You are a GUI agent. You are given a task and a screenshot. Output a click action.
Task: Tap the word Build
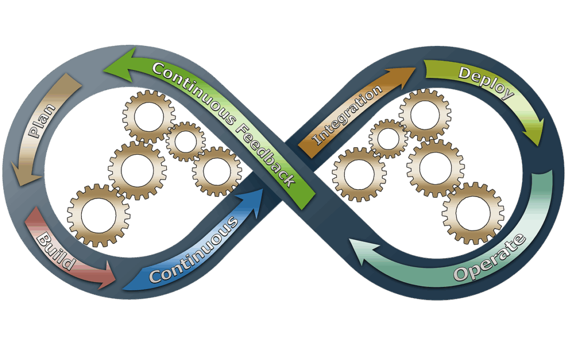point(55,250)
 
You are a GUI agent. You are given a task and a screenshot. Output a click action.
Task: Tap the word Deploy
point(485,82)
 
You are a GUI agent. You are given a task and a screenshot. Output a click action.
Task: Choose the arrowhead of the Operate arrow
point(362,255)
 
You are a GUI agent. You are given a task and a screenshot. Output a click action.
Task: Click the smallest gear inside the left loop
point(186,141)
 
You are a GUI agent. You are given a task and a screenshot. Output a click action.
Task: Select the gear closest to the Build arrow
point(99,215)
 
